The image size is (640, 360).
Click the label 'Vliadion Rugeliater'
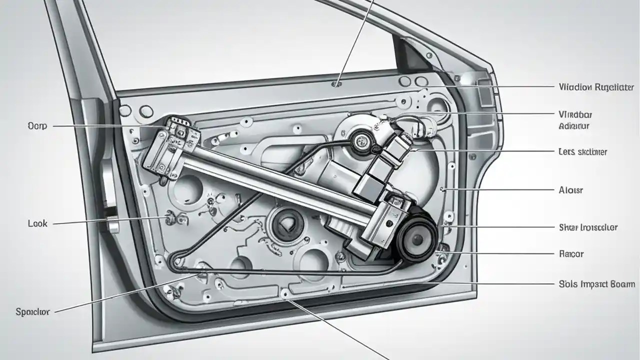[596, 86]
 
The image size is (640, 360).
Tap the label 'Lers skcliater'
[582, 151]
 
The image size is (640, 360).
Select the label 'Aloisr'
[570, 190]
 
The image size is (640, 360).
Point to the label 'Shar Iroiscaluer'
[587, 227]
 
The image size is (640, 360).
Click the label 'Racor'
[570, 254]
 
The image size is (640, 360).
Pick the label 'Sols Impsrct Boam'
[596, 284]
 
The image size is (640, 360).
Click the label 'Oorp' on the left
[37, 126]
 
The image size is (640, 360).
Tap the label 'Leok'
[37, 223]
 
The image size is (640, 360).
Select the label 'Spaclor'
[32, 311]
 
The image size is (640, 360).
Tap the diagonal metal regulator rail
[280, 180]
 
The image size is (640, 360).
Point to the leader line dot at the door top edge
[336, 83]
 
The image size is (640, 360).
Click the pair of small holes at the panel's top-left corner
[135, 110]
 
